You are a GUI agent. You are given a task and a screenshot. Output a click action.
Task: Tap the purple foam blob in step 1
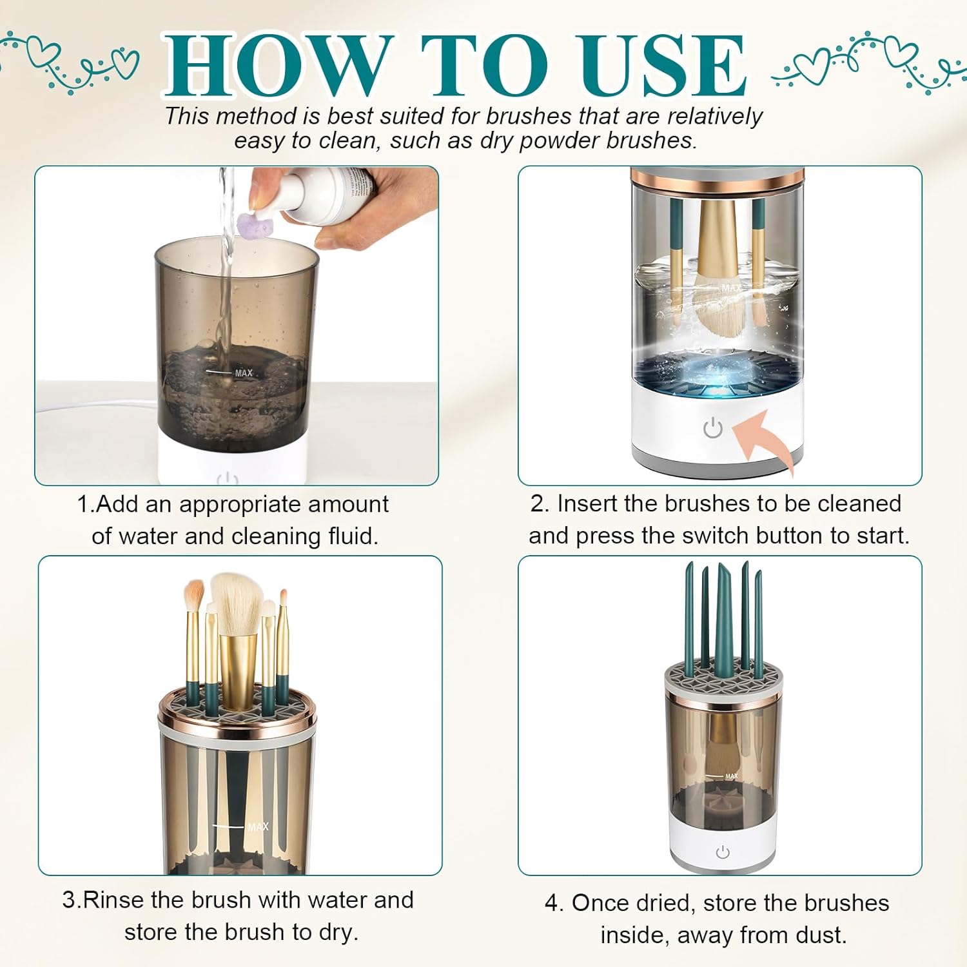pyautogui.click(x=257, y=224)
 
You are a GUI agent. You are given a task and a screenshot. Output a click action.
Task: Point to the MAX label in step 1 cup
pyautogui.click(x=244, y=373)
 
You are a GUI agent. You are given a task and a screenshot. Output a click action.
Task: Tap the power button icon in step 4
pyautogui.click(x=723, y=852)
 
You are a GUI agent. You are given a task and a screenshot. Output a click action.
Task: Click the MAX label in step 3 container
pyautogui.click(x=258, y=827)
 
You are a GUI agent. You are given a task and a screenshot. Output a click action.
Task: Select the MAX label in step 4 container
pyautogui.click(x=731, y=776)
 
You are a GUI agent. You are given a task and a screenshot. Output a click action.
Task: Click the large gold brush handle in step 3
pyautogui.click(x=238, y=670)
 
